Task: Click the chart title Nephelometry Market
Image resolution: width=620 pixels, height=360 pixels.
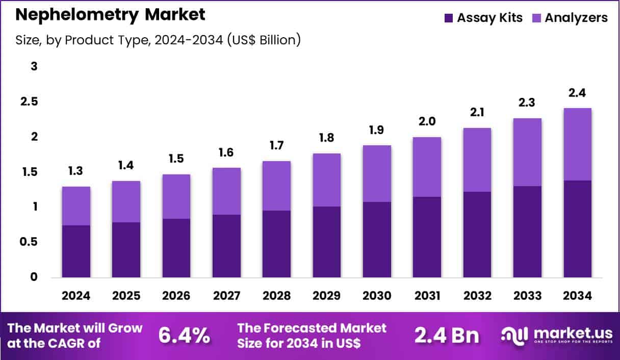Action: [110, 15]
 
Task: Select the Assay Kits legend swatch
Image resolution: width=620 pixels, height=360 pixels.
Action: [449, 18]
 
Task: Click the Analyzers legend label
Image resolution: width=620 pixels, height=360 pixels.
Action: [576, 18]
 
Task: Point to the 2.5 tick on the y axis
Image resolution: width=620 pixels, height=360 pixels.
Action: [29, 101]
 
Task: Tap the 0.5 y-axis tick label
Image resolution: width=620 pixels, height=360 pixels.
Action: [29, 242]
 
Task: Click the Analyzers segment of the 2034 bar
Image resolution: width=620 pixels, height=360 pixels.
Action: [578, 144]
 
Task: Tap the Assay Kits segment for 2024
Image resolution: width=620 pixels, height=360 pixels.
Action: [76, 251]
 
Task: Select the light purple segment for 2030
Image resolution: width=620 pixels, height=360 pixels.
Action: [377, 173]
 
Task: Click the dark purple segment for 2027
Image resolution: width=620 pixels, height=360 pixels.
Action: [226, 246]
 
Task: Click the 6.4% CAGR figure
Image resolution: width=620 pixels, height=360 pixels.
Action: [184, 335]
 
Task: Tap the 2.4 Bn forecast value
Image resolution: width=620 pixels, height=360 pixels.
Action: [447, 335]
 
